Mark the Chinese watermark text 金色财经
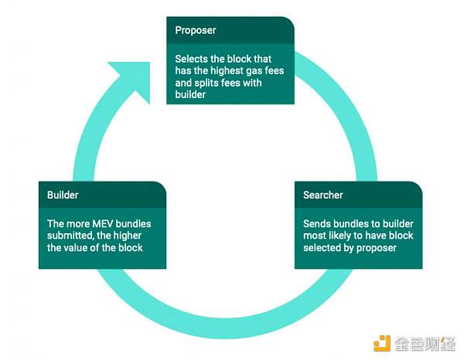click(425, 342)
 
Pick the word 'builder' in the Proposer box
click(191, 96)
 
